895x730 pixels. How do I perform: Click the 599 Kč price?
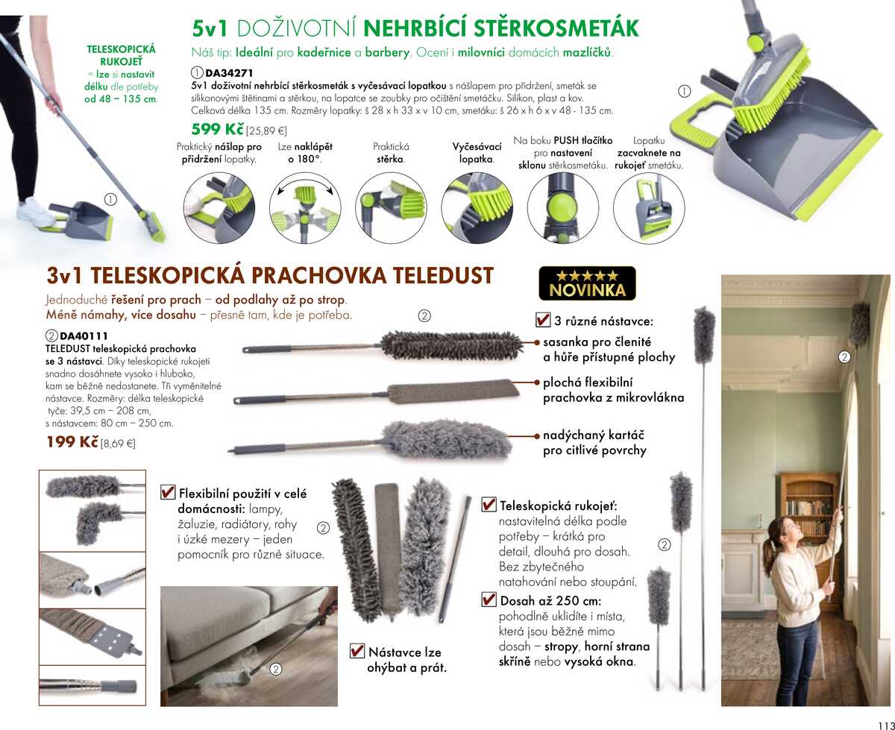[x=218, y=129]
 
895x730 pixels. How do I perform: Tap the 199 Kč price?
[x=72, y=441]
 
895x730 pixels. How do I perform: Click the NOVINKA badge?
[x=587, y=283]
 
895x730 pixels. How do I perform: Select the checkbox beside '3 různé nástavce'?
[x=543, y=321]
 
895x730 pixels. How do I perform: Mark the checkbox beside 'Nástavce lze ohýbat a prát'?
[x=357, y=651]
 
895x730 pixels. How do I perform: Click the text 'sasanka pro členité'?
[x=597, y=342]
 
